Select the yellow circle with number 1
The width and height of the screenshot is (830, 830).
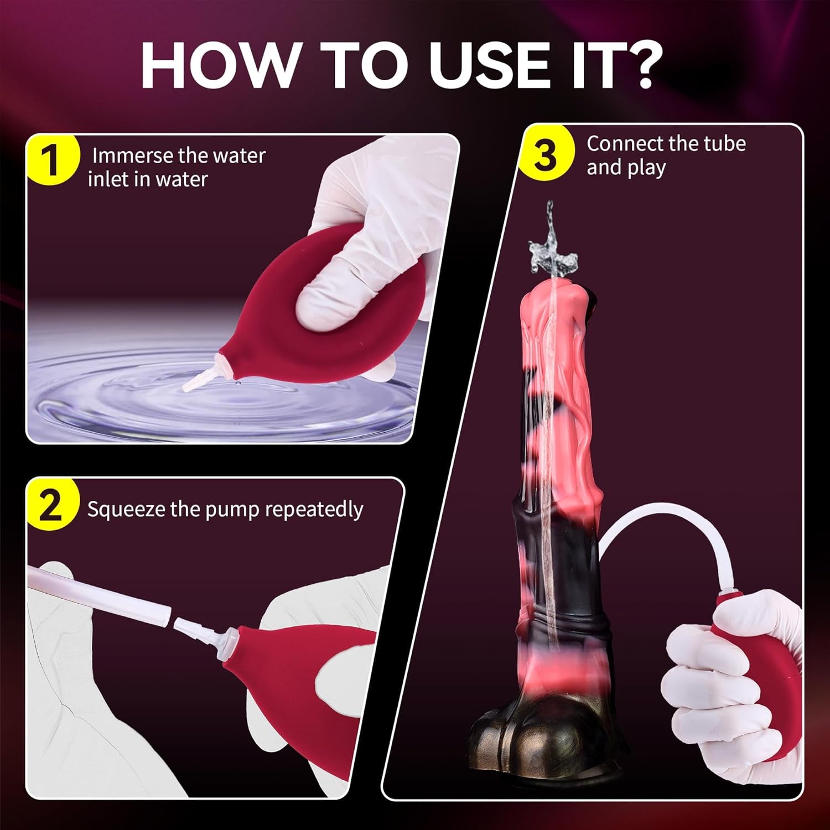coord(51,160)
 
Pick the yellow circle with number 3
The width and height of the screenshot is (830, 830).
coord(545,155)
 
